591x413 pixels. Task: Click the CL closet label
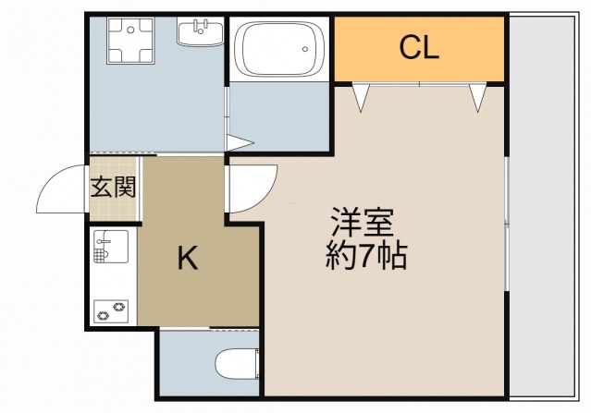pyautogui.click(x=419, y=48)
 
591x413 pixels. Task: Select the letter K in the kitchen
pyautogui.click(x=188, y=261)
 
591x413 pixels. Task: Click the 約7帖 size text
pyautogui.click(x=366, y=256)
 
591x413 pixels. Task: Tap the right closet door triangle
pyautogui.click(x=478, y=96)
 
